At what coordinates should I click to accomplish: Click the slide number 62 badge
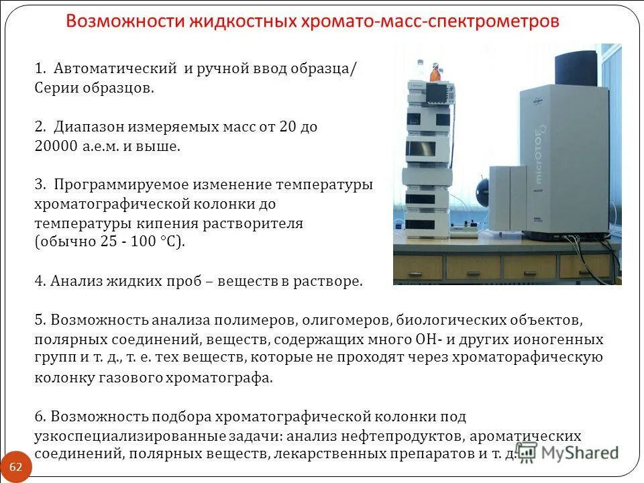pyautogui.click(x=16, y=467)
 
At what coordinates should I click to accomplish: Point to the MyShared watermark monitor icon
pyautogui.click(x=526, y=453)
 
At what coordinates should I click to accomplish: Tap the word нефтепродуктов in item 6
pyautogui.click(x=400, y=436)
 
